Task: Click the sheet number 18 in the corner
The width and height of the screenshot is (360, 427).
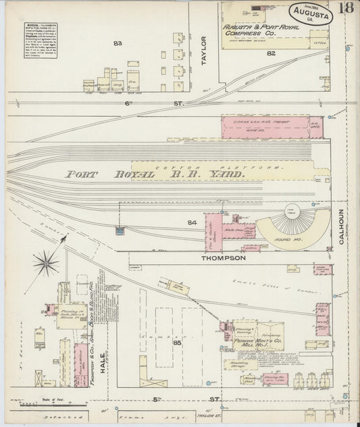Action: tap(344, 8)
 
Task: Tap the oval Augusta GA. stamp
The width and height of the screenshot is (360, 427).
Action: tap(310, 13)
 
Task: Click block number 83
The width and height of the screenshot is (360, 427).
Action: tap(118, 43)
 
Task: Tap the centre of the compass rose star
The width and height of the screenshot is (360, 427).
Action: tap(46, 262)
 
